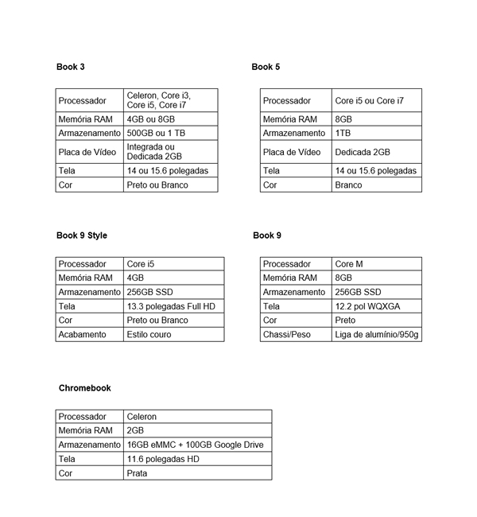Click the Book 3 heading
71,67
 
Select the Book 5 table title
266,67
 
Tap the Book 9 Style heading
82,235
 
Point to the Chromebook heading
85,388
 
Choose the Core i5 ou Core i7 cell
369,101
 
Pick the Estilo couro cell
149,335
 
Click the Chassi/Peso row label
287,335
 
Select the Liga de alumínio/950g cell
376,335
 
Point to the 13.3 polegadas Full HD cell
170,306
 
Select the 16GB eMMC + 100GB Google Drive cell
195,445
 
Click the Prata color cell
137,473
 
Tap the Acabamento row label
82,335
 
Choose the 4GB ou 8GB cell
150,119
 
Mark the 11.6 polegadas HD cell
163,459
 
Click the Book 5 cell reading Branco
348,185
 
